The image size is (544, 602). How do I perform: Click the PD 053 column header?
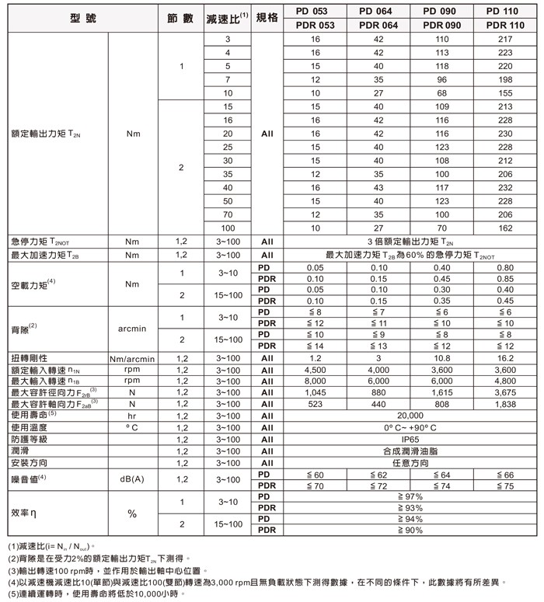tap(315, 11)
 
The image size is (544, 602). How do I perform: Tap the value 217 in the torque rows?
tap(505, 39)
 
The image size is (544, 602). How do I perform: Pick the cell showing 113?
tap(442, 52)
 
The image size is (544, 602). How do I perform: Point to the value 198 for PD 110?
tap(505, 79)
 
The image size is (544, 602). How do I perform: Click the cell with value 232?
tap(505, 187)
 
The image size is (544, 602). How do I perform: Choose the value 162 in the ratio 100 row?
tap(505, 228)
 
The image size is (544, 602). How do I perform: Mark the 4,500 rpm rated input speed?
tap(315, 371)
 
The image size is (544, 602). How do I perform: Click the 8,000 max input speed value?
tap(315, 381)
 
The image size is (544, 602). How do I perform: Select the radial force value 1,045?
tap(315, 393)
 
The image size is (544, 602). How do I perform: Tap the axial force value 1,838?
tap(505, 404)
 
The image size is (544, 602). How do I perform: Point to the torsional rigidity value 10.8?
tap(442, 359)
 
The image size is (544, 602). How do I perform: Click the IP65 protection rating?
tap(410, 439)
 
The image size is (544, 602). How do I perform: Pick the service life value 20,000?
tap(410, 416)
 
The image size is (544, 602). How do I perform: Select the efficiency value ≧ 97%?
tap(410, 496)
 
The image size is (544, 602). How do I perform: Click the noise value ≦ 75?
tap(505, 485)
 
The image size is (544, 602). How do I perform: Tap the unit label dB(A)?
tap(131, 479)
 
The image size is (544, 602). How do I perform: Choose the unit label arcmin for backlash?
tap(131, 329)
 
